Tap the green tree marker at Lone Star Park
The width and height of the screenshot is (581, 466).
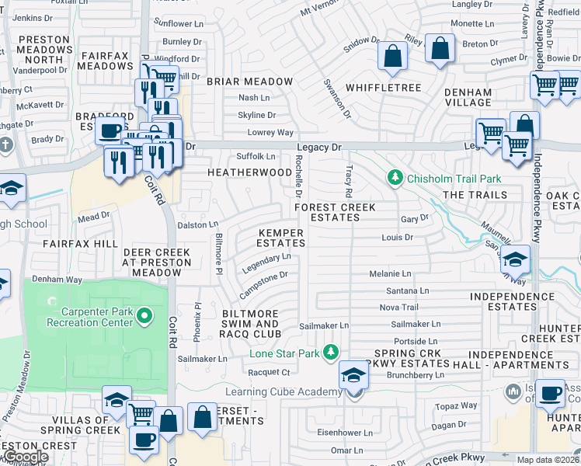coord(332,353)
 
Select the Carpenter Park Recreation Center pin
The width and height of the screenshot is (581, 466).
coord(143,315)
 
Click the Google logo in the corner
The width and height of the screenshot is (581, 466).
coord(26,457)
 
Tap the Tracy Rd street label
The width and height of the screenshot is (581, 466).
coord(348,181)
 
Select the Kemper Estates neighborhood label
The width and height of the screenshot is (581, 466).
coord(281,238)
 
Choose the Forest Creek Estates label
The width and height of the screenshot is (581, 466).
coord(335,212)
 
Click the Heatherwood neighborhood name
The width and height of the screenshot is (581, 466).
coord(249,172)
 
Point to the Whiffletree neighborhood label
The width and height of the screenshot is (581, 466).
coord(384,88)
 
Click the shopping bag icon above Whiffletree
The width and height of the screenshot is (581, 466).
coord(393,56)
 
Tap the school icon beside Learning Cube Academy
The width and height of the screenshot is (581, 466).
coord(353,377)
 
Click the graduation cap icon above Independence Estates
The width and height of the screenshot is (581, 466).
coord(516,259)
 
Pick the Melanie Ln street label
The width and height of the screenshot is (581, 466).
coord(391,274)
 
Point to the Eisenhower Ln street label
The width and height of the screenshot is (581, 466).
coord(346,433)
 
